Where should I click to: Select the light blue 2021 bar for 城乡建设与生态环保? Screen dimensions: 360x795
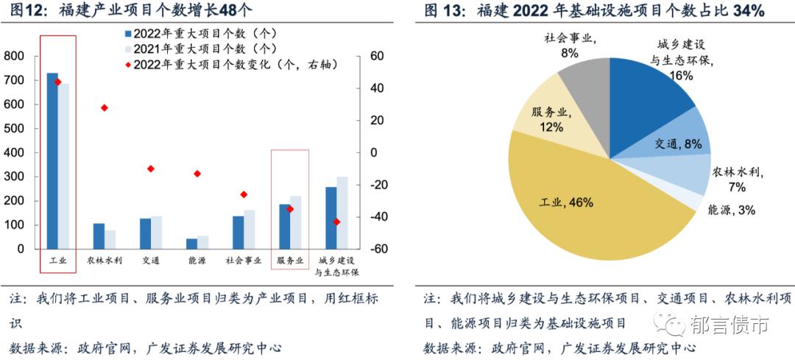pyautogui.click(x=342, y=213)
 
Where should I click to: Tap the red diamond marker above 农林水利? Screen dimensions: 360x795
pyautogui.click(x=105, y=107)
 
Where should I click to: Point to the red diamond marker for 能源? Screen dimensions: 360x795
pyautogui.click(x=197, y=174)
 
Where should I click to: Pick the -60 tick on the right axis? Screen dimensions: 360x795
pyautogui.click(x=378, y=250)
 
